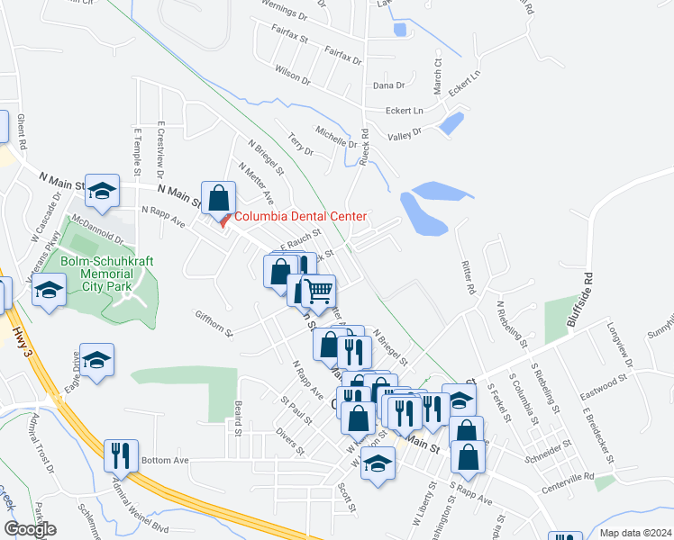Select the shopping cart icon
pyautogui.click(x=318, y=292)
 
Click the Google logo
pyautogui.click(x=30, y=528)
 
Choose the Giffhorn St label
pyautogui.click(x=214, y=324)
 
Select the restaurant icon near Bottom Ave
pyautogui.click(x=121, y=456)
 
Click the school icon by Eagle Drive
pyautogui.click(x=97, y=360)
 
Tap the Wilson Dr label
pyautogui.click(x=293, y=74)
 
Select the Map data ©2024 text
pyautogui.click(x=635, y=532)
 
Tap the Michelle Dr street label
pyautogui.click(x=336, y=137)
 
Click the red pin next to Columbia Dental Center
pyautogui.click(x=224, y=220)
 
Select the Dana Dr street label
pyautogui.click(x=388, y=85)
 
